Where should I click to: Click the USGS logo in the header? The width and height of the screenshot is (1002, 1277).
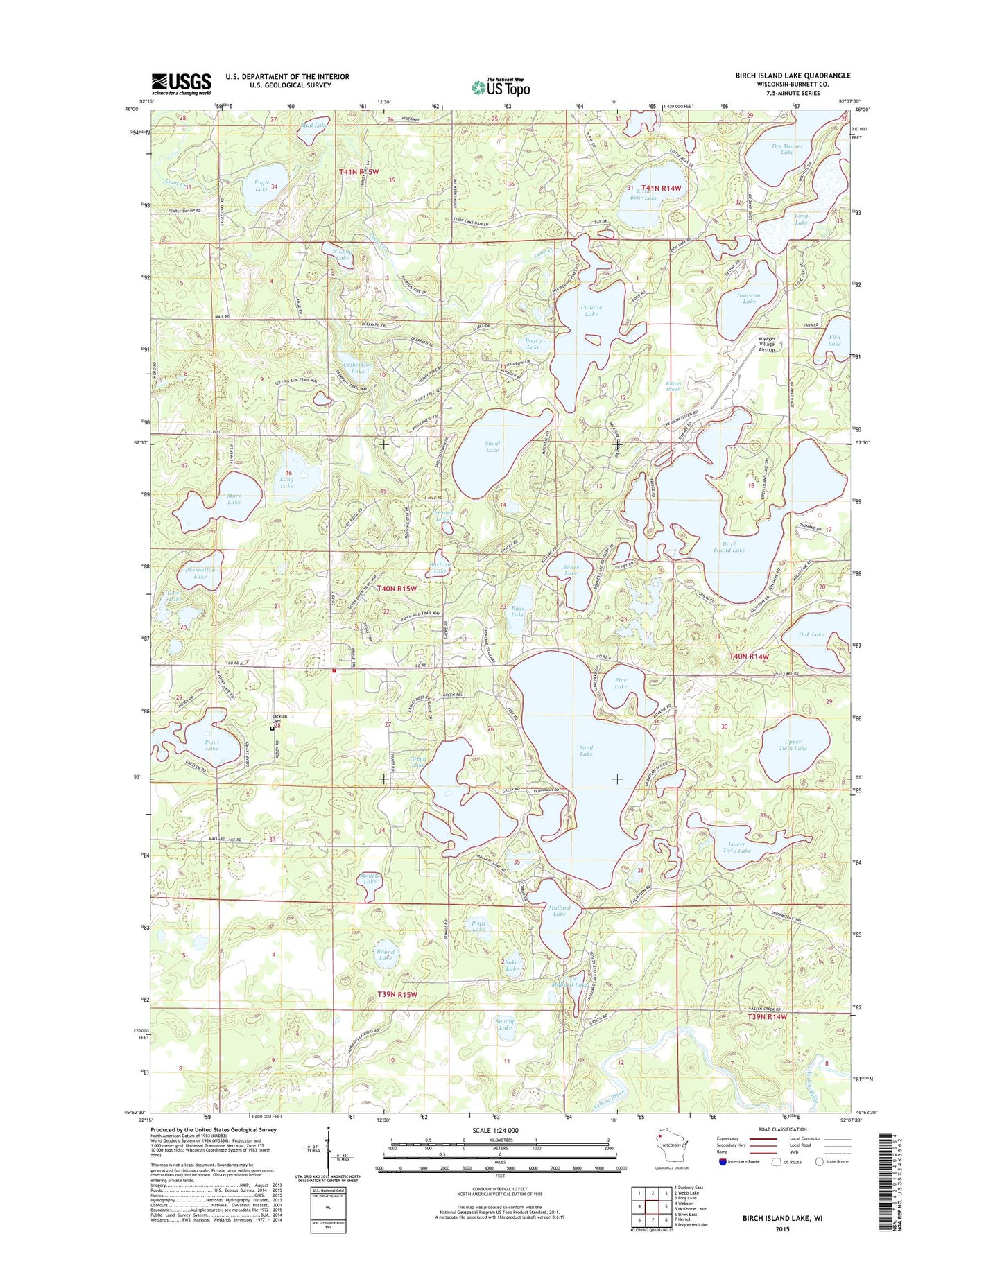181,84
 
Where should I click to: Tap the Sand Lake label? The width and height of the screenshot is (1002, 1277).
586,750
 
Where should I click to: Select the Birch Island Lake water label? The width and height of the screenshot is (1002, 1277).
729,547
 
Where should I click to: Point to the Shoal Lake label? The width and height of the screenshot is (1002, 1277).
492,446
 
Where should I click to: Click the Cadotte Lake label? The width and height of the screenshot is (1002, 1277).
591,311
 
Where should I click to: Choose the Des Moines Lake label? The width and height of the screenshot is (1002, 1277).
787,149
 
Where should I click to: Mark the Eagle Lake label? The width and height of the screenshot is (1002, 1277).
261,185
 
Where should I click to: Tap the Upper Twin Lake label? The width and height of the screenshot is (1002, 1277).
793,745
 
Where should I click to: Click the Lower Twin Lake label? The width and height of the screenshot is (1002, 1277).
736,847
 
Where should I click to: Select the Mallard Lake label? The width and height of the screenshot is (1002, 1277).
560,910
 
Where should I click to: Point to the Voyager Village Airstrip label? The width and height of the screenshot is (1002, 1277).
766,344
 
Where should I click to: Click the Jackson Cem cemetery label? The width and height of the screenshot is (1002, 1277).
279,719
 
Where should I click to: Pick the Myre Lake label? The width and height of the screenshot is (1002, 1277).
234,498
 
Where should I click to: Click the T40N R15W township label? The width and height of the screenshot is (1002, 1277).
397,589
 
